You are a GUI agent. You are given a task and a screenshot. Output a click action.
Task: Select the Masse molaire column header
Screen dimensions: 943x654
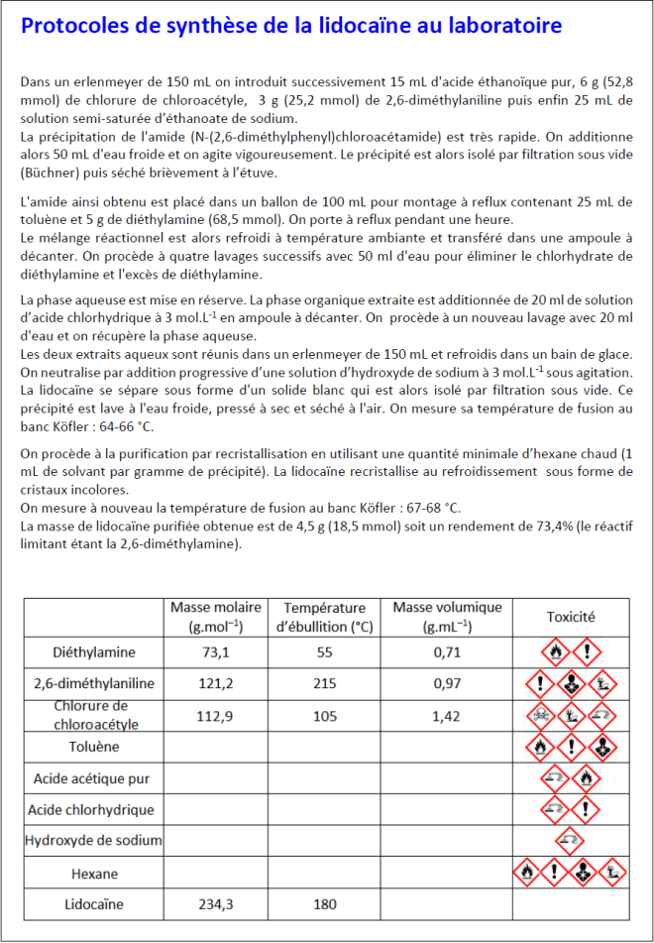(x=216, y=616)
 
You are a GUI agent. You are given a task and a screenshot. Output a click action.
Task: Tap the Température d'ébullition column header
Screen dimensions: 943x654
(x=325, y=616)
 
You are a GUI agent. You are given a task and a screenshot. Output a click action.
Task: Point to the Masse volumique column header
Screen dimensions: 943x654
(x=448, y=616)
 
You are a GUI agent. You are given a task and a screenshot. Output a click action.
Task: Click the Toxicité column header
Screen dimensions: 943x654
(x=571, y=616)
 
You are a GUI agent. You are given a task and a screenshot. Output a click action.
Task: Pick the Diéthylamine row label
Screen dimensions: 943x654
(x=94, y=651)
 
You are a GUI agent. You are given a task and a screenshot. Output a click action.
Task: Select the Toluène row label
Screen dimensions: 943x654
(x=94, y=746)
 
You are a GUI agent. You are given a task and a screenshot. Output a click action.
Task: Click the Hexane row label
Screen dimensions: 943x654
(x=94, y=874)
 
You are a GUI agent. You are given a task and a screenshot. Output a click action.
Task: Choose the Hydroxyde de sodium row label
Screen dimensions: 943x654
(x=94, y=841)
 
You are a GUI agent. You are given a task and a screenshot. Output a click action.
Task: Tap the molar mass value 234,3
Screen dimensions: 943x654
(x=215, y=904)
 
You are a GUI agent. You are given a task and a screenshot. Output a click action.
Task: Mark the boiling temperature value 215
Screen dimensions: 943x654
(x=325, y=683)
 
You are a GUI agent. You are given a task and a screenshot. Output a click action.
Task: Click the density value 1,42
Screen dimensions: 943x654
(x=448, y=714)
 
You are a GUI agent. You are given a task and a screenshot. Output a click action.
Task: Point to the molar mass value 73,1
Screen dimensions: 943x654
(x=215, y=651)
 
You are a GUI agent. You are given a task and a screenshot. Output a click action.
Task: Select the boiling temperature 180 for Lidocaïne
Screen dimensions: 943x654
(x=325, y=904)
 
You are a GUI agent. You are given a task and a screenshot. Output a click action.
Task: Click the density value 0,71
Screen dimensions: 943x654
(x=448, y=651)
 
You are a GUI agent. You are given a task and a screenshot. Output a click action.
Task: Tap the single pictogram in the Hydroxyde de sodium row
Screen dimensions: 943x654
(x=570, y=841)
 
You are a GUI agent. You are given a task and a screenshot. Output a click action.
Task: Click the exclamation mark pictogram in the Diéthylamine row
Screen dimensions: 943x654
(x=588, y=651)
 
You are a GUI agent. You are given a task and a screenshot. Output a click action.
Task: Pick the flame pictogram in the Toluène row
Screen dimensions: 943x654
(x=539, y=746)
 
